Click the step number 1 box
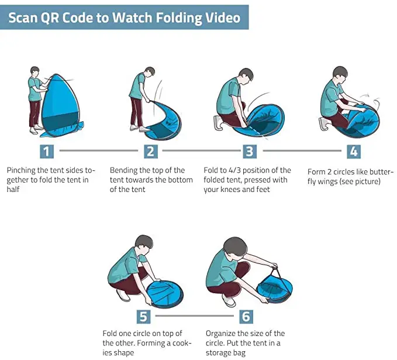47,152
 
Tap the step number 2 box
151,152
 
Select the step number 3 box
250,152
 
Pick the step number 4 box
354,152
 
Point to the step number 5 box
144,317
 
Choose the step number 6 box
246,317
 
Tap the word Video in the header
223,18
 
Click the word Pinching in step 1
21,170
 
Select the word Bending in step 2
123,170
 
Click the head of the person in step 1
35,71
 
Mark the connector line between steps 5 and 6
195,316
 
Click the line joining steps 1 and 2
99,150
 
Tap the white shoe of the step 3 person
218,122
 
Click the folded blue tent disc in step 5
165,293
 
